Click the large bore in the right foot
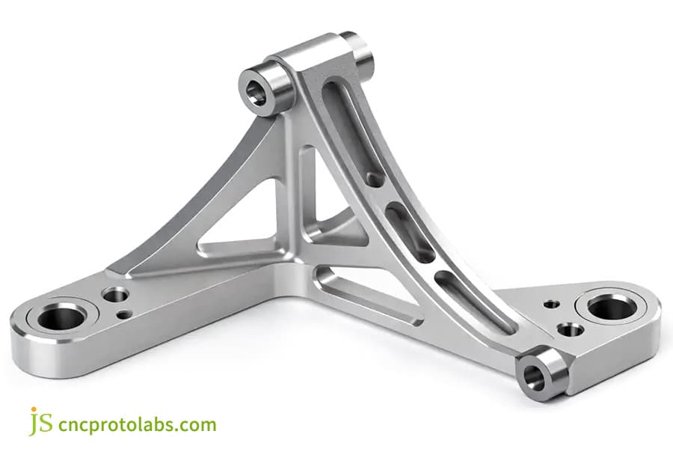point(610,306)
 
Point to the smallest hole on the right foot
point(551,304)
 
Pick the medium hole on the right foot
point(571,329)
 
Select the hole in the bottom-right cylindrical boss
point(534,376)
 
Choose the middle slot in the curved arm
point(408,232)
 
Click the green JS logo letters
point(41,422)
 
